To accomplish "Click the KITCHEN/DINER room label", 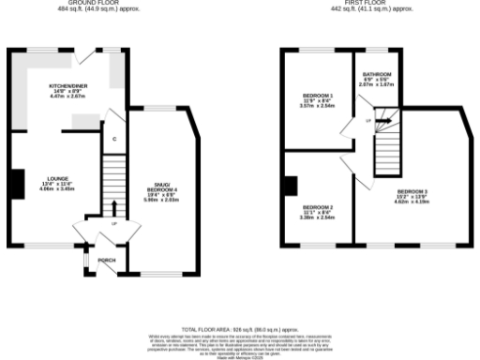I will [x=67, y=85].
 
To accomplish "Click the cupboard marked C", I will [x=113, y=140].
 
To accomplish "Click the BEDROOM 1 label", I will [x=319, y=96].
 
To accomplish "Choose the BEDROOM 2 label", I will [x=318, y=207].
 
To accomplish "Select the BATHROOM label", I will [x=378, y=73].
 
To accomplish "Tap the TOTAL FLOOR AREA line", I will [x=239, y=330].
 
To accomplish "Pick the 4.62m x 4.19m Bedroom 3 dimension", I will [x=412, y=202].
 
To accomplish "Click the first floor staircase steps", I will [x=386, y=150].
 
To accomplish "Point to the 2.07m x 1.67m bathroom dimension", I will [x=378, y=84].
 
